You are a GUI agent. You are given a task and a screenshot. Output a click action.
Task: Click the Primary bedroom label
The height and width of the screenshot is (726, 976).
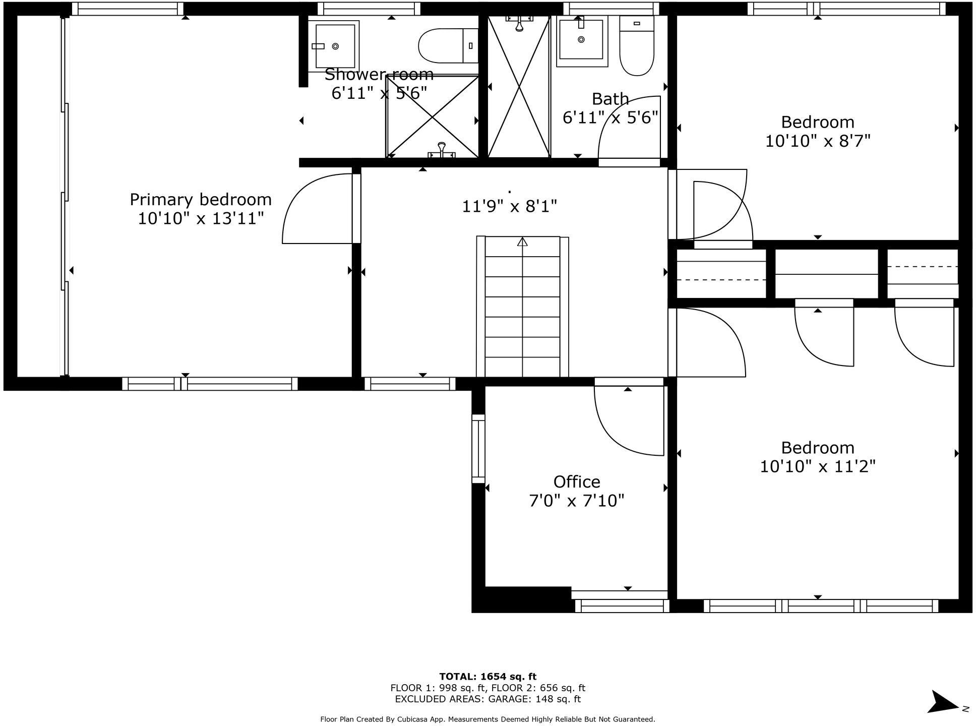[x=201, y=200]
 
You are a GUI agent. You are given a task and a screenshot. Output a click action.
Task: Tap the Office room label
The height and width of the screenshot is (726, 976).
[x=577, y=482]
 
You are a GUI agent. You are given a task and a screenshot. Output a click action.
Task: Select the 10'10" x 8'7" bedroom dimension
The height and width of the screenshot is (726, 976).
[x=818, y=141]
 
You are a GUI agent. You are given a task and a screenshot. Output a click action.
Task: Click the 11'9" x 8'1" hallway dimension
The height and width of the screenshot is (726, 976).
[x=509, y=206]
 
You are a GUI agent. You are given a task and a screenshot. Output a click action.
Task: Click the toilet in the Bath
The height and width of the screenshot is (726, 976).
[x=637, y=48]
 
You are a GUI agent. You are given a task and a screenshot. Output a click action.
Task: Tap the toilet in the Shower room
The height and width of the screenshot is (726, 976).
[x=448, y=45]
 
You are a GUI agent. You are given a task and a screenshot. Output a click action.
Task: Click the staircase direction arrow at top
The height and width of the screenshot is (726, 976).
[x=522, y=242]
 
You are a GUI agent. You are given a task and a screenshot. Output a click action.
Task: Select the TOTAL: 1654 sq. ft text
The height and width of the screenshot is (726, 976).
[x=487, y=677]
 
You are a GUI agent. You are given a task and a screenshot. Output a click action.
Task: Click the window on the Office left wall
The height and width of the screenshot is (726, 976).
[x=478, y=449]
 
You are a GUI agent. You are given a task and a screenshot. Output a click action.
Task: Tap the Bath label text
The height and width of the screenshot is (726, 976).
[x=610, y=99]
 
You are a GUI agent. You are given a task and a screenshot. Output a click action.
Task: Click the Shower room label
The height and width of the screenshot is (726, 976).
[x=379, y=75]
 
